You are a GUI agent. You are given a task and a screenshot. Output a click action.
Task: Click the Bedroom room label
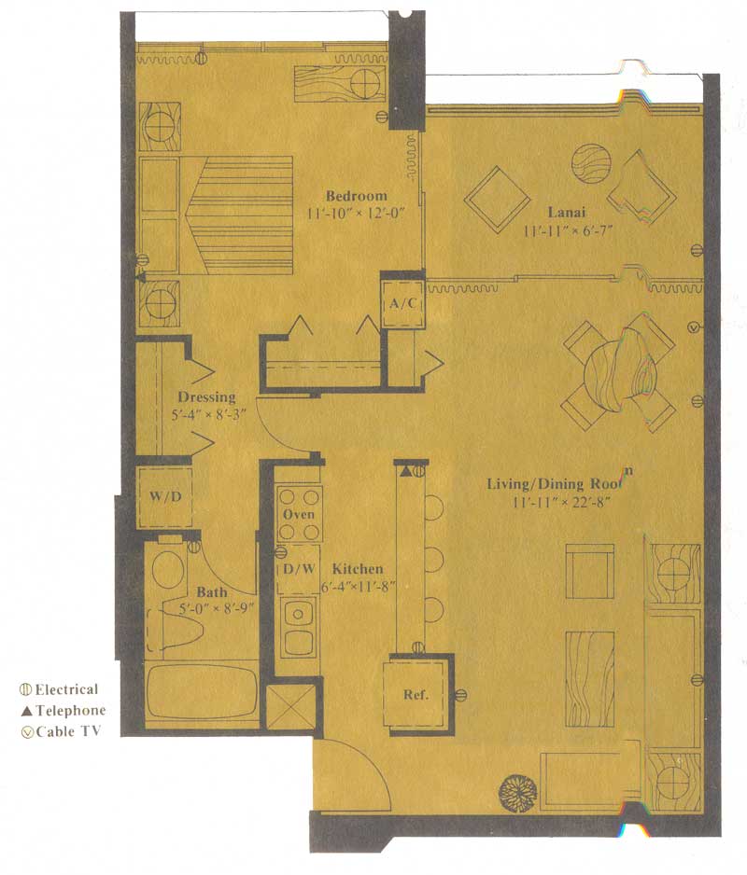pyautogui.click(x=357, y=196)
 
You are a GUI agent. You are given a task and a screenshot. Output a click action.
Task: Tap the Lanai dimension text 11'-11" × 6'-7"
pyautogui.click(x=567, y=230)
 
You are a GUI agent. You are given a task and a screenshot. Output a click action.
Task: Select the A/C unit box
pyautogui.click(x=402, y=303)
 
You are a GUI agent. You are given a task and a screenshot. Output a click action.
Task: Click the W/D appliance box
pyautogui.click(x=165, y=496)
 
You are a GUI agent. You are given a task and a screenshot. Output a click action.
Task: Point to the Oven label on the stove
pyautogui.click(x=299, y=514)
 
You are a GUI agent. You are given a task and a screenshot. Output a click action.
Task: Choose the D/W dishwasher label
pyautogui.click(x=299, y=569)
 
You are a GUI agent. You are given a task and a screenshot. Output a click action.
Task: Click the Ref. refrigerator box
pyautogui.click(x=416, y=694)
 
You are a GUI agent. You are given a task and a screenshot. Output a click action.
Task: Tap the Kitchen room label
pyautogui.click(x=358, y=569)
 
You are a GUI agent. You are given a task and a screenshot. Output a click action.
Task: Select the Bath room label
pyautogui.click(x=212, y=592)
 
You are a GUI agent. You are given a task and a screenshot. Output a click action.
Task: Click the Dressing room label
pyautogui.click(x=206, y=397)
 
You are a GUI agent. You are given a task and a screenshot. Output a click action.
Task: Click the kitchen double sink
pyautogui.click(x=299, y=627)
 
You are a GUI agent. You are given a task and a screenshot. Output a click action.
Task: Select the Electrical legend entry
pyautogui.click(x=60, y=689)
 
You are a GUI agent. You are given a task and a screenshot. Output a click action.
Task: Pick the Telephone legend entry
pyautogui.click(x=63, y=711)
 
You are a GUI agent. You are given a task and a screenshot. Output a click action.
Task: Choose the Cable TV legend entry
pyautogui.click(x=61, y=731)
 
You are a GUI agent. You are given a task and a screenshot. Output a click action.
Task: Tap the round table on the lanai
pyautogui.click(x=591, y=163)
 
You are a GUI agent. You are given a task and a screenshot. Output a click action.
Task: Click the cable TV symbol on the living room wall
pyautogui.click(x=694, y=327)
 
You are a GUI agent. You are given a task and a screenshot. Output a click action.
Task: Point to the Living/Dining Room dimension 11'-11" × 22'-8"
pyautogui.click(x=560, y=502)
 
